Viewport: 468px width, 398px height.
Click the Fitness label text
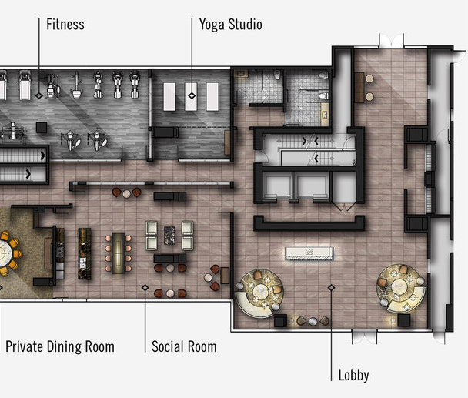point(65,24)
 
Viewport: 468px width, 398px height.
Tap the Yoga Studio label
point(231,25)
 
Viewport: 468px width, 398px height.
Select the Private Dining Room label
point(60,346)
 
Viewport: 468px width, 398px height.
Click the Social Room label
point(184,346)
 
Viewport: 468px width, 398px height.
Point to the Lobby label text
point(353,375)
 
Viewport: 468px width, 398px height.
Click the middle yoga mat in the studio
point(191,96)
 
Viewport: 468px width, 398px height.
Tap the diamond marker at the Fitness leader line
point(38,95)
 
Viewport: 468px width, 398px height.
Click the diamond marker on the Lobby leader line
point(331,287)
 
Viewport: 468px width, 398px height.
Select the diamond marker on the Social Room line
point(145,287)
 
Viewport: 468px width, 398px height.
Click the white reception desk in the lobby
point(309,253)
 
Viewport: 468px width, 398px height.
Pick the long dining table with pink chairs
point(119,253)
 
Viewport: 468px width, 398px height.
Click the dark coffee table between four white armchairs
point(169,236)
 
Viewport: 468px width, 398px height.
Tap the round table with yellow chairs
point(5,253)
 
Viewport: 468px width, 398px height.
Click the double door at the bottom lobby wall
point(364,336)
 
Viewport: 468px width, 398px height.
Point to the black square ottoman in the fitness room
point(42,128)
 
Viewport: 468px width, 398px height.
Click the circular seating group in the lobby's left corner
point(259,293)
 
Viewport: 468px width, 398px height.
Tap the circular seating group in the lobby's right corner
point(401,289)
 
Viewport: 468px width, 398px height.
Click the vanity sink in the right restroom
point(324,114)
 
